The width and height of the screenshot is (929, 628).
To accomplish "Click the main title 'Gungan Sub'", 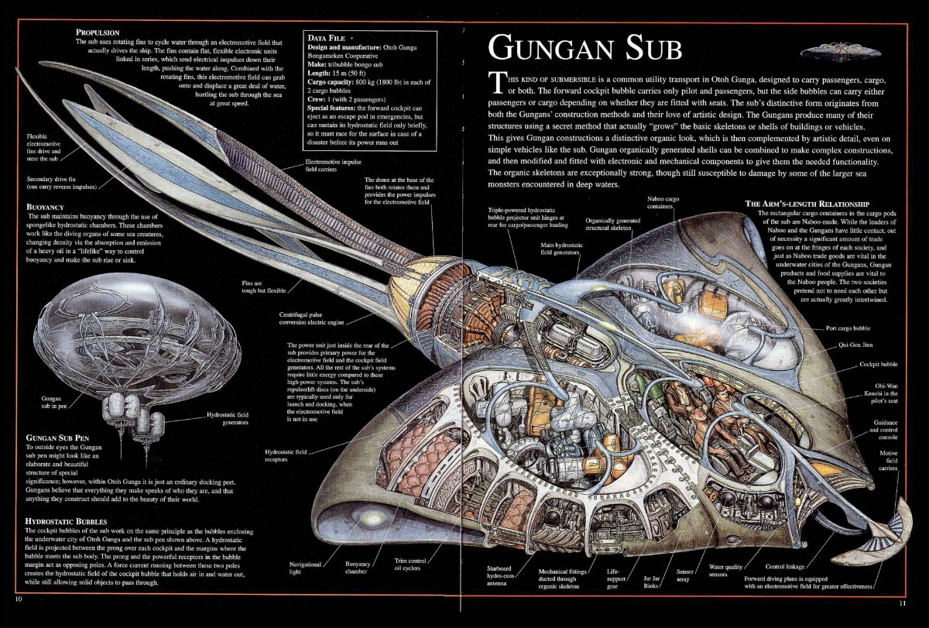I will click(584, 48).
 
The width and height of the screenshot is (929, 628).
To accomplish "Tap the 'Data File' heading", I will click(327, 37).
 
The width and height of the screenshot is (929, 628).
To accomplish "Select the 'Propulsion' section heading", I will click(97, 32).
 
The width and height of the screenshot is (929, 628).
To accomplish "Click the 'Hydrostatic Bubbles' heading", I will click(66, 521).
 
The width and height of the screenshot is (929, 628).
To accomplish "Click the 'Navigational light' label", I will click(304, 568).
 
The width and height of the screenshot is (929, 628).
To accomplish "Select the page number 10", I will click(18, 599).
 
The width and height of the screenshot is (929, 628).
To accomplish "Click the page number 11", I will click(902, 603).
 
